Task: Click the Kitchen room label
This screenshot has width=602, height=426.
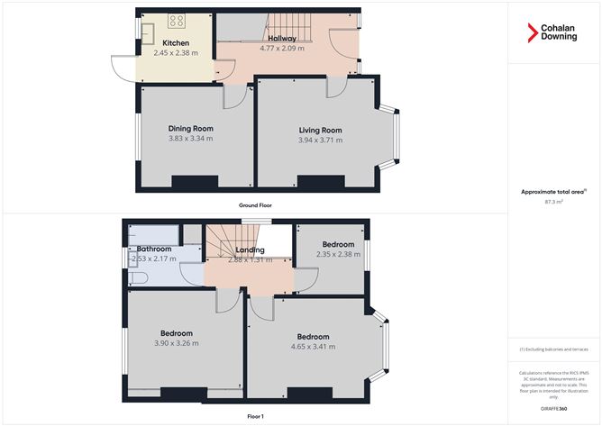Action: coord(175,43)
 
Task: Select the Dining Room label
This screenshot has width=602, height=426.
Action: coord(190,129)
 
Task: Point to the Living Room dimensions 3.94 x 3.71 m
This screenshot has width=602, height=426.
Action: coord(321,140)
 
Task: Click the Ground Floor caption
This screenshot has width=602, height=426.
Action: coord(255,205)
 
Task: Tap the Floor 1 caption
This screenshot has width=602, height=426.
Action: coord(255,416)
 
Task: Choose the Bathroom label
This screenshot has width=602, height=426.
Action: coord(154,249)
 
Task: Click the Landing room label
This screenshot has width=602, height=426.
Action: coord(250,249)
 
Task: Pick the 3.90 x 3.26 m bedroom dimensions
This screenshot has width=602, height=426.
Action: coord(177,343)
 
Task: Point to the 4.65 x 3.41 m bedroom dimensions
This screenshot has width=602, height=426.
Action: coord(313,347)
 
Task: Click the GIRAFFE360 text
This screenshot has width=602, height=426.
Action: coord(553,408)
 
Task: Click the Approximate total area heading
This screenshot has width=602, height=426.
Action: coord(553,192)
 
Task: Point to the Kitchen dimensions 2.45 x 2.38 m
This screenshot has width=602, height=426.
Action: coord(175,52)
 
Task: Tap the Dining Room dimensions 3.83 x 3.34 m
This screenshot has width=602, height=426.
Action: coord(190,139)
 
